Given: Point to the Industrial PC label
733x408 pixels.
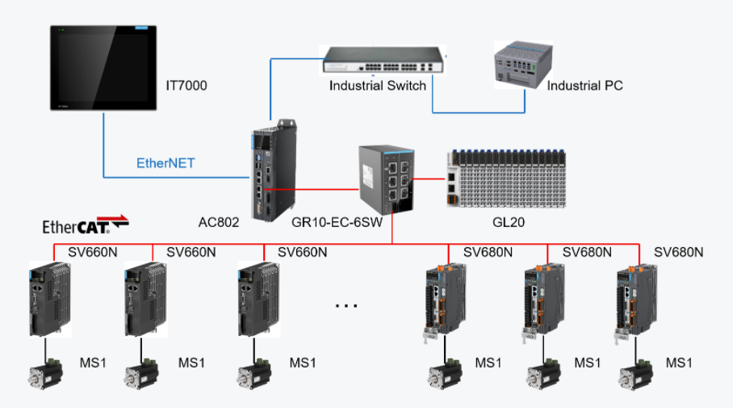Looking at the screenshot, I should tap(584, 86).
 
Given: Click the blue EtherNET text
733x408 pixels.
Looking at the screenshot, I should tap(165, 163).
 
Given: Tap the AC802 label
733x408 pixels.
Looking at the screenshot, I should tap(219, 221).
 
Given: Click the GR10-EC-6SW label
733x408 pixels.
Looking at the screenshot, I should tap(337, 221).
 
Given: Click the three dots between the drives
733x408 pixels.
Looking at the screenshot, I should tap(346, 305).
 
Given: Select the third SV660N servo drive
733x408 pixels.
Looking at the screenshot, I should tap(256, 298).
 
